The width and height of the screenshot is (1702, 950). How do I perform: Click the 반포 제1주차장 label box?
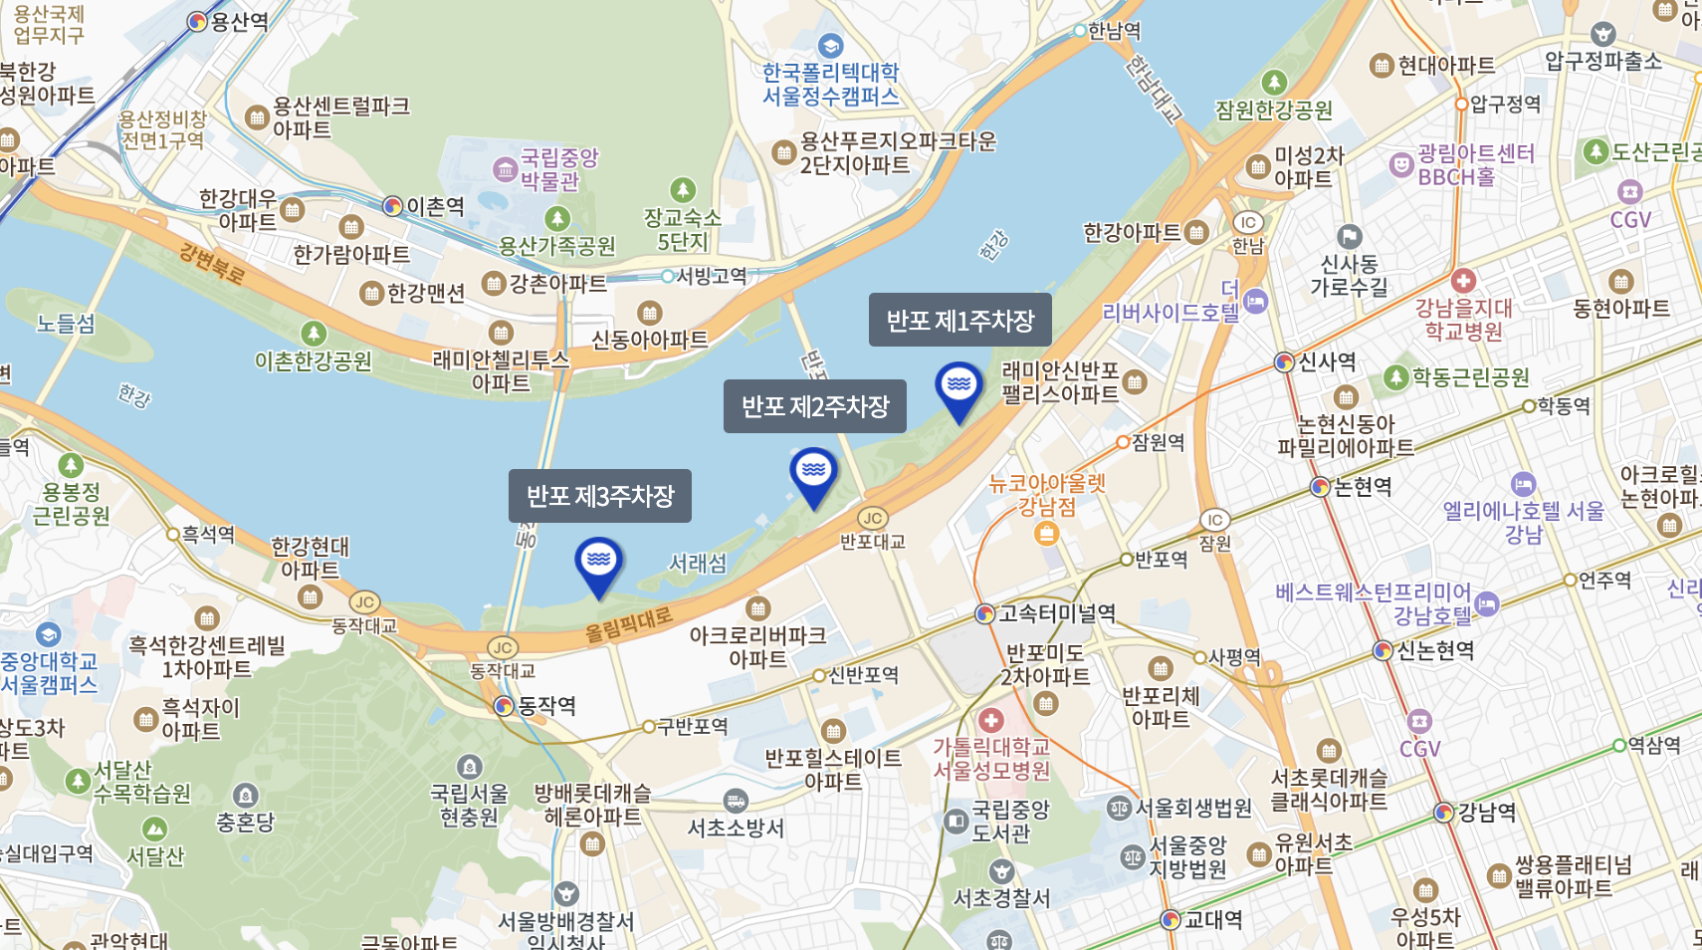pyautogui.click(x=959, y=320)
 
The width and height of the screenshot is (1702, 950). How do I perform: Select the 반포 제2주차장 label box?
pyautogui.click(x=814, y=406)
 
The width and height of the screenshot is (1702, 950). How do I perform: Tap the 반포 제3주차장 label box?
pyautogui.click(x=599, y=496)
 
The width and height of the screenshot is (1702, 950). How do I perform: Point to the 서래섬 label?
pyautogui.click(x=697, y=563)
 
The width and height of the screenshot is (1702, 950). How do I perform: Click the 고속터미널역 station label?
pyautogui.click(x=1056, y=613)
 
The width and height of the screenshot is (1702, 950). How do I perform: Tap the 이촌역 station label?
pyautogui.click(x=435, y=206)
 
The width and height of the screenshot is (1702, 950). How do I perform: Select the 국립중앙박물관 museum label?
pyautogui.click(x=558, y=169)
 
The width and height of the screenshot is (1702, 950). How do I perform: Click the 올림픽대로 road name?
pyautogui.click(x=628, y=622)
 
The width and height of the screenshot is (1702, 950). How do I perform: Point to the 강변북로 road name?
pyautogui.click(x=211, y=263)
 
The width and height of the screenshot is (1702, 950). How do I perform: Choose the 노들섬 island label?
pyautogui.click(x=66, y=324)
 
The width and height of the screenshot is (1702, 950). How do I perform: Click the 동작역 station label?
pyautogui.click(x=546, y=706)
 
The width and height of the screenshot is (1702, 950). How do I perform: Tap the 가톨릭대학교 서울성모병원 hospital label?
pyautogui.click(x=991, y=758)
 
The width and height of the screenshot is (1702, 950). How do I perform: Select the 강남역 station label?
pyautogui.click(x=1486, y=813)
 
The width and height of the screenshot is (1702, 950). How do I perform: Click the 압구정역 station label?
pyautogui.click(x=1505, y=104)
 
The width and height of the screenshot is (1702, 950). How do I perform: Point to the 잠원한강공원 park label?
pyautogui.click(x=1274, y=110)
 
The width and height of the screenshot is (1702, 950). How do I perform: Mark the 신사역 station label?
pyautogui.click(x=1327, y=361)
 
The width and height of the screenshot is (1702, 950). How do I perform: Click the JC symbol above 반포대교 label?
pyautogui.click(x=873, y=518)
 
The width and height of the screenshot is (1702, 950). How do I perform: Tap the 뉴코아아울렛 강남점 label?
pyautogui.click(x=1047, y=495)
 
